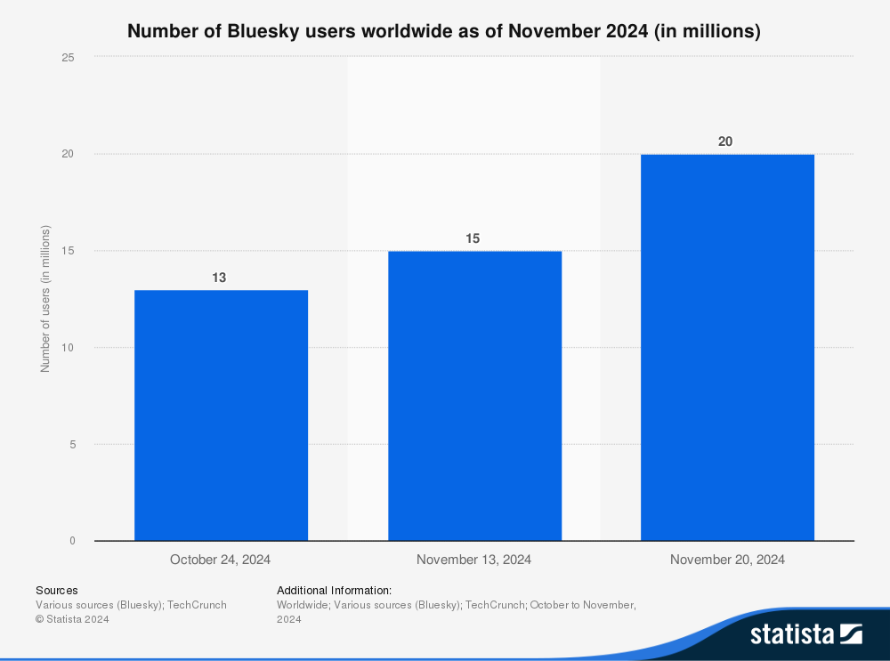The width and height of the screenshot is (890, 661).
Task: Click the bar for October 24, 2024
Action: (x=221, y=415)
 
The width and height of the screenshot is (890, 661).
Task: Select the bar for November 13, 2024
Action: (x=474, y=396)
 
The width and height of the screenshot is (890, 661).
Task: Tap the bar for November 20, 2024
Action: (x=727, y=348)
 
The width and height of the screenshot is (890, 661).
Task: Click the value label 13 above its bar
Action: (x=219, y=278)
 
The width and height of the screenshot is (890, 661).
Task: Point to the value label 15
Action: (x=473, y=238)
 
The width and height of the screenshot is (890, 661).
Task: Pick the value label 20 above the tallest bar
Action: (x=725, y=141)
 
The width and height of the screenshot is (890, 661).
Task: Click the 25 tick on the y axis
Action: (x=68, y=58)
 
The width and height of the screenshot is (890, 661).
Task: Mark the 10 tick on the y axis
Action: (x=68, y=348)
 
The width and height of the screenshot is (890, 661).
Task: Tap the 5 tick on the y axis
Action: (x=70, y=445)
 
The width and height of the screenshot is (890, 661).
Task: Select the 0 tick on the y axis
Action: (x=70, y=541)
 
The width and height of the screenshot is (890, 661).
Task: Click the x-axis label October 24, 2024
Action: (x=221, y=560)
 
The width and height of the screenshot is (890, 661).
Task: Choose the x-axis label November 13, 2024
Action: (x=474, y=560)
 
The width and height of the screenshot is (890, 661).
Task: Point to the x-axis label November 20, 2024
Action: (x=727, y=560)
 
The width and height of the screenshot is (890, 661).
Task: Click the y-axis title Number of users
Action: (x=45, y=299)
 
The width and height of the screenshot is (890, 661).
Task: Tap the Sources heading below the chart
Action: (x=56, y=590)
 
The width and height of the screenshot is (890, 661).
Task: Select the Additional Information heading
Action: (x=334, y=590)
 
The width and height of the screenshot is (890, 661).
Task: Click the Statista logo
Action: (x=805, y=634)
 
